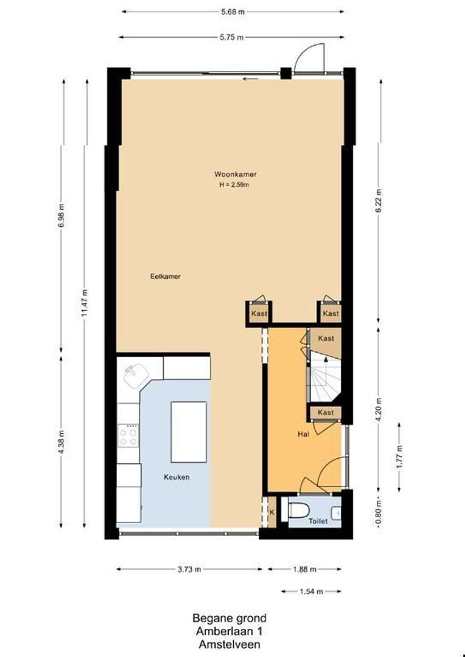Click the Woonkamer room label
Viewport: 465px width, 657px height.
[235, 174]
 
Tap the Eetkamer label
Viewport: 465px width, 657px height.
[166, 277]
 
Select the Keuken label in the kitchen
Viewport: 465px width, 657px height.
[177, 477]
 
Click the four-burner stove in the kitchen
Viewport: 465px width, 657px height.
[128, 436]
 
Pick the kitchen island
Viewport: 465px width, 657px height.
[189, 432]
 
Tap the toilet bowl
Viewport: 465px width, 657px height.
[298, 510]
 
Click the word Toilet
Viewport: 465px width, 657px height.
[318, 521]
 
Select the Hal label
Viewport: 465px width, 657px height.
[304, 434]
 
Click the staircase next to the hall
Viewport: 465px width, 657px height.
[325, 377]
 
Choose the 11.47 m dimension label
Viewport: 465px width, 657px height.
[85, 304]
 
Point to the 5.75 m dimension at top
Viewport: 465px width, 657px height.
[231, 37]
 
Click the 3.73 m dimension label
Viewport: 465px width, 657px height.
[189, 569]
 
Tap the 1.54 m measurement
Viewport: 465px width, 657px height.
[311, 592]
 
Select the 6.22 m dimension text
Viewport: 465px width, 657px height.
[379, 201]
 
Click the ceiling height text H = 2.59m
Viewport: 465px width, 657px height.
[235, 184]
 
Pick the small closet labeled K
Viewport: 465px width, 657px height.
[271, 512]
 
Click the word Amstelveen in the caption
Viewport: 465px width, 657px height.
[229, 644]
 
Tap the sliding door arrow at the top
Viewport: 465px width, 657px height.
[250, 78]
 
